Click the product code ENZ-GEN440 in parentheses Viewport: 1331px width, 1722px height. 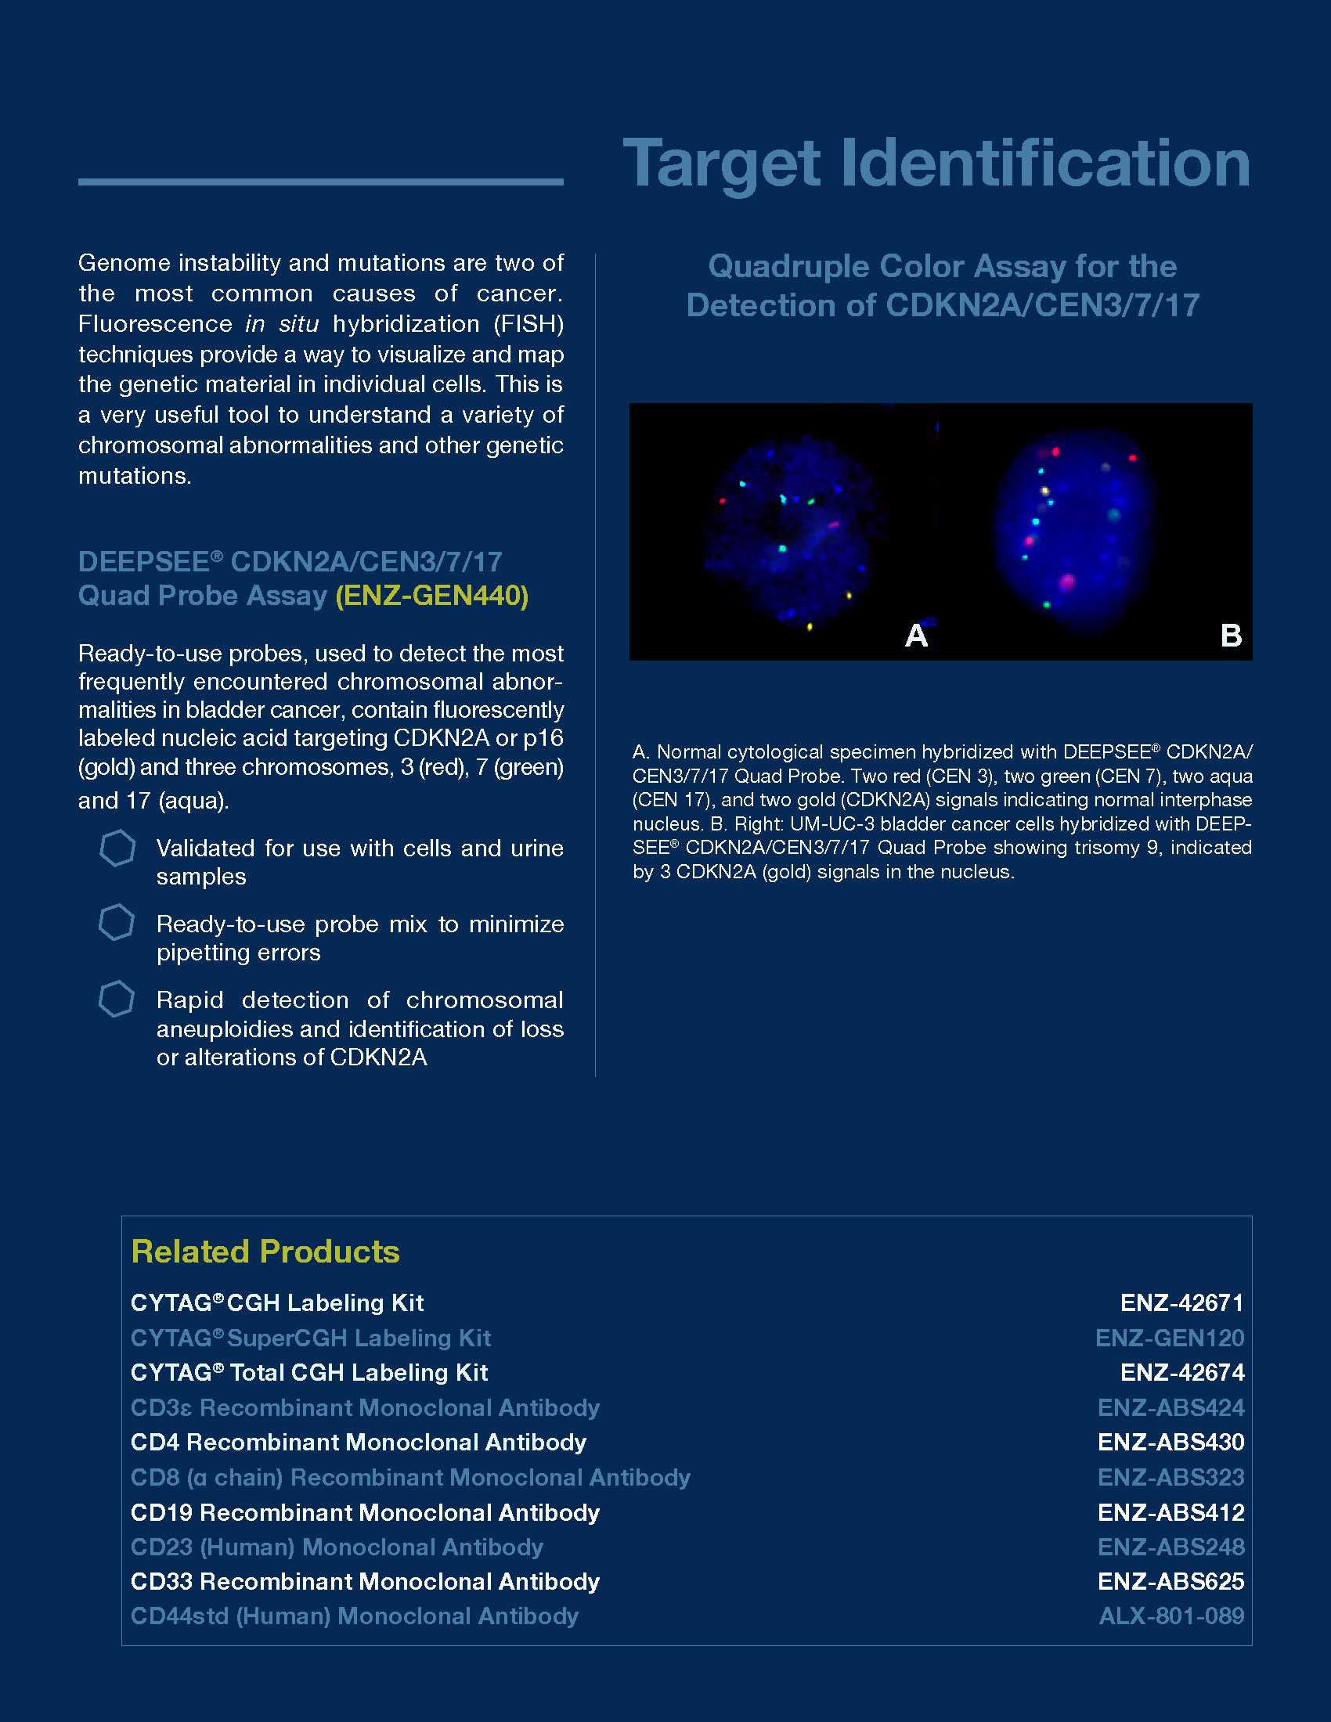click(x=432, y=596)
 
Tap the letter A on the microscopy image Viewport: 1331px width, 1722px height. click(x=916, y=635)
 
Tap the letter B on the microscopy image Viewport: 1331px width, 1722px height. click(x=1230, y=635)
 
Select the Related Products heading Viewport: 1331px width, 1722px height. click(x=265, y=1252)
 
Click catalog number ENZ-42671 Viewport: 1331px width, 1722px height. click(x=1181, y=1302)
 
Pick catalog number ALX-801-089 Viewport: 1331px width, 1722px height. click(x=1171, y=1616)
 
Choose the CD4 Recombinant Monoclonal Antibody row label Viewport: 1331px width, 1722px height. click(x=358, y=1442)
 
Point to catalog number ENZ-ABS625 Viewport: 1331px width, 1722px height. click(x=1170, y=1581)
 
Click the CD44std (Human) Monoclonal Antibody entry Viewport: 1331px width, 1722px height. click(x=354, y=1616)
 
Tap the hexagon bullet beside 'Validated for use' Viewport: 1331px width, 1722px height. click(x=117, y=848)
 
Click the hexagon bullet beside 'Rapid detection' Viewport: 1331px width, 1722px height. click(x=117, y=999)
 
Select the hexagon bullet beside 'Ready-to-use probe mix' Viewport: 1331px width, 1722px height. click(x=117, y=923)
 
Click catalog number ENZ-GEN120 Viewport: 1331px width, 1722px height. click(x=1170, y=1338)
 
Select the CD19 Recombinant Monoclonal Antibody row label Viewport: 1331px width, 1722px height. click(x=364, y=1512)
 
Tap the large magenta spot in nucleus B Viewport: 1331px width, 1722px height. click(x=1067, y=582)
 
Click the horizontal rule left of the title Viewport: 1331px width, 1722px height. click(x=320, y=182)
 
